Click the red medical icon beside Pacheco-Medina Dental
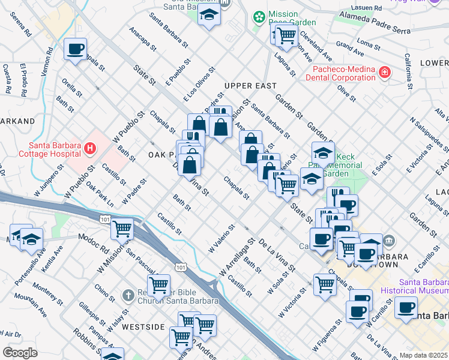click(x=384, y=73)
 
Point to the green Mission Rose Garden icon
click(x=259, y=17)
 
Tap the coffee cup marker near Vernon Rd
click(x=76, y=49)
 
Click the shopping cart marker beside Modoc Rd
click(x=122, y=228)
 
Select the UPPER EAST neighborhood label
click(x=250, y=86)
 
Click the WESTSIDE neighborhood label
click(x=143, y=327)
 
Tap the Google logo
click(x=20, y=353)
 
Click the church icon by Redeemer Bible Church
click(x=127, y=295)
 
